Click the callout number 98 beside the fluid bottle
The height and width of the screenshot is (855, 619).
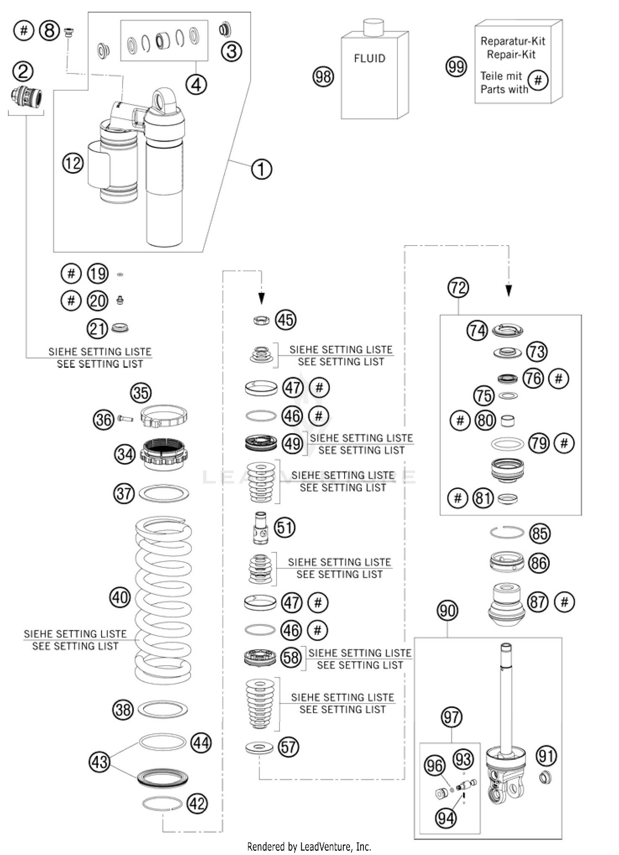pyautogui.click(x=323, y=77)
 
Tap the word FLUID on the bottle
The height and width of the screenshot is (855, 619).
pyautogui.click(x=369, y=59)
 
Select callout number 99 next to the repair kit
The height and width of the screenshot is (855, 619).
pyautogui.click(x=456, y=66)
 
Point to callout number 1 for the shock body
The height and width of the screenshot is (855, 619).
pyautogui.click(x=261, y=169)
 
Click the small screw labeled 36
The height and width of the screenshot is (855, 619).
pyautogui.click(x=125, y=419)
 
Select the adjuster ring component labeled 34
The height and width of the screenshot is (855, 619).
pyautogui.click(x=164, y=454)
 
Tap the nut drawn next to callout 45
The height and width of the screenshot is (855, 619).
pyautogui.click(x=261, y=320)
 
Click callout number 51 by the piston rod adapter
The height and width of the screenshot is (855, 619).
pyautogui.click(x=285, y=527)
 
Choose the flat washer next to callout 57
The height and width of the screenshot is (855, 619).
pyautogui.click(x=259, y=747)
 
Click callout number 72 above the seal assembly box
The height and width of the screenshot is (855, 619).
pyautogui.click(x=458, y=288)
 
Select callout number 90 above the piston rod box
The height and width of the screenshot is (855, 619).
pyautogui.click(x=447, y=611)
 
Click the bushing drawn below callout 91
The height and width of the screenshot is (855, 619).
pyautogui.click(x=546, y=778)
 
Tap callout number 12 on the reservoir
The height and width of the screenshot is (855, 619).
pyautogui.click(x=73, y=163)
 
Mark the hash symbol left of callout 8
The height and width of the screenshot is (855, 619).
pyautogui.click(x=24, y=31)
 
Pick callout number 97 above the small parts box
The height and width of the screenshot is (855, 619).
pyautogui.click(x=451, y=717)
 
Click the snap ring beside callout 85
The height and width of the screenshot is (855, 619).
pyautogui.click(x=507, y=532)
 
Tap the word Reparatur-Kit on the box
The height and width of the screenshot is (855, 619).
pyautogui.click(x=513, y=41)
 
